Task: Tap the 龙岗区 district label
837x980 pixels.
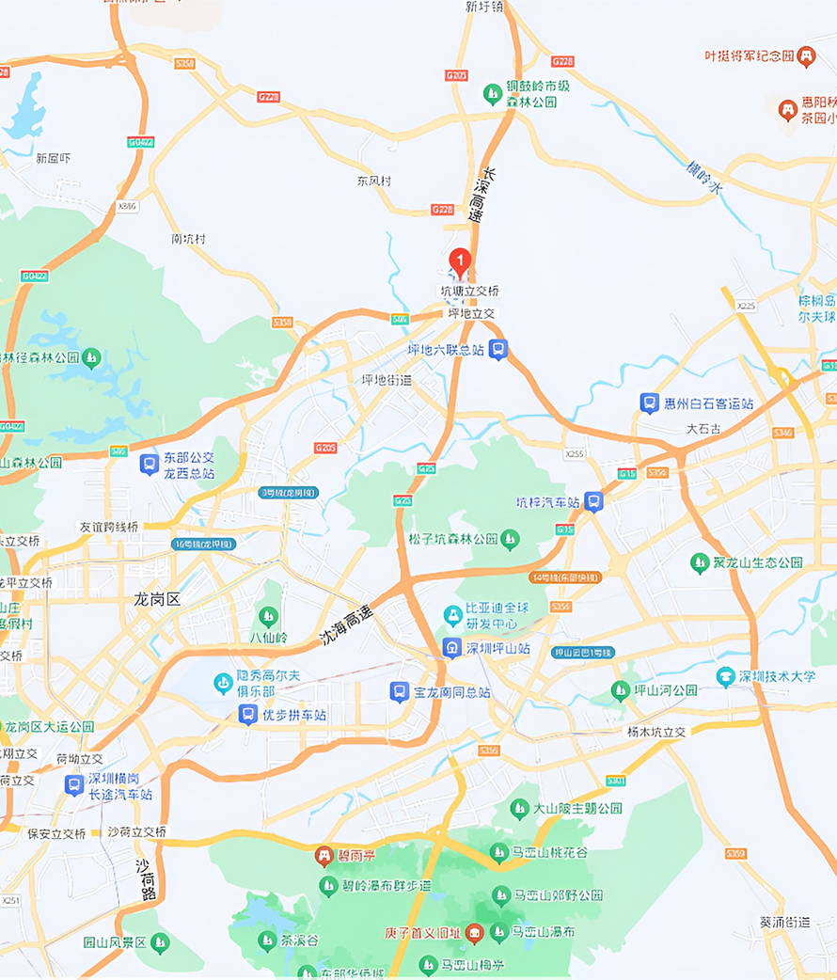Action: coord(156,599)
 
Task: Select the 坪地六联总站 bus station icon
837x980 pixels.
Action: coord(498,350)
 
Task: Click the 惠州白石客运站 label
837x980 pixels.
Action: coord(708,403)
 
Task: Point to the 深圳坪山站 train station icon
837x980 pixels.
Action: coord(452,648)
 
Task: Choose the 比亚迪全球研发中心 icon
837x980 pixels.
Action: coord(452,615)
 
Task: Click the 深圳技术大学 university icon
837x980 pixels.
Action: coord(725,676)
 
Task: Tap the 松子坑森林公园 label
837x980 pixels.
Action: coord(452,539)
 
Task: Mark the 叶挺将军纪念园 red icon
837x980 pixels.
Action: coord(806,56)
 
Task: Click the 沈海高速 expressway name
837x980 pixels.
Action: coord(346,624)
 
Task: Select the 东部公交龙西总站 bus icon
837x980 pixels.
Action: coord(149,464)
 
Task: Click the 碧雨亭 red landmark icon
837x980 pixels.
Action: coord(324,856)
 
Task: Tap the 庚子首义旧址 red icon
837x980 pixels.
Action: coord(474,933)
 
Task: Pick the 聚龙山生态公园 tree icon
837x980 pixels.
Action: coord(699,562)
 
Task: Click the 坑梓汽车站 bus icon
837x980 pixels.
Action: coord(592,501)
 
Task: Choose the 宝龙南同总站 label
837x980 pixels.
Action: coord(451,692)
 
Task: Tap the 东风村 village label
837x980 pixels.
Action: coord(373,181)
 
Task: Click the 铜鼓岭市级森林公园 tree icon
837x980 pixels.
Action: coord(492,93)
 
